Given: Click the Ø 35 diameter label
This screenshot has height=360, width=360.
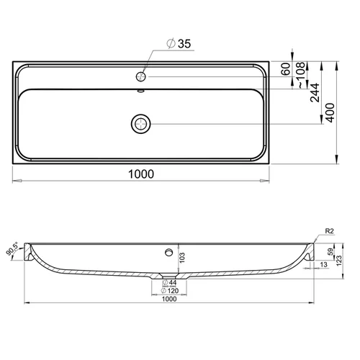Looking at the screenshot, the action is click(179, 44).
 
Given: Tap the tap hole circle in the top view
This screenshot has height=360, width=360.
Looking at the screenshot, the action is click(141, 76).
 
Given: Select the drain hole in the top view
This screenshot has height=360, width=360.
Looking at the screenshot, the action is click(141, 124).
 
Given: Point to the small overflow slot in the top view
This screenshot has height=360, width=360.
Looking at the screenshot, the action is click(141, 91).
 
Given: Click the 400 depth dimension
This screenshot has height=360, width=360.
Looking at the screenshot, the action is click(330, 113).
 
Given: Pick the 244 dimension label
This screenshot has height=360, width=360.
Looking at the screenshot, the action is click(315, 93).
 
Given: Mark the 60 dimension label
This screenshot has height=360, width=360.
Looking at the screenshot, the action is click(286, 69).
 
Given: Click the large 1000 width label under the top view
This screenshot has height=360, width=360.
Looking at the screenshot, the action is click(141, 174).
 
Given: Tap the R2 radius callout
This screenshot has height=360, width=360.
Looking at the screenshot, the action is click(329, 231).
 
